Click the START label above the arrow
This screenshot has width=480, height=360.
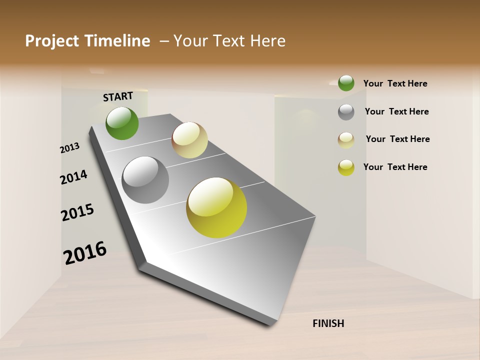pyautogui.click(x=118, y=96)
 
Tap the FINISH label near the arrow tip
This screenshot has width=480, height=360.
pyautogui.click(x=328, y=323)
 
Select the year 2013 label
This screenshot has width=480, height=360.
pyautogui.click(x=69, y=148)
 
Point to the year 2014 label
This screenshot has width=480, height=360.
pyautogui.click(x=73, y=177)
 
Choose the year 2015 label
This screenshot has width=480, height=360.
pyautogui.click(x=77, y=213)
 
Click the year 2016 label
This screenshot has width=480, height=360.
pyautogui.click(x=85, y=253)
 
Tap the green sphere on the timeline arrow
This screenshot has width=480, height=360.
pyautogui.click(x=122, y=123)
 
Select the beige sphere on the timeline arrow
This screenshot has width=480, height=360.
pyautogui.click(x=189, y=140)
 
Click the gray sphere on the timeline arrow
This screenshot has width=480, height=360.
pyautogui.click(x=145, y=180)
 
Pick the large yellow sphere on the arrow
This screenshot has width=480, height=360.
pyautogui.click(x=216, y=207)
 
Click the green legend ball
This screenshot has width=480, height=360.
pyautogui.click(x=346, y=83)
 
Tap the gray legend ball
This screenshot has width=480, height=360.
pyautogui.click(x=346, y=111)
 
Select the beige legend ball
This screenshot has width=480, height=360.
pyautogui.click(x=346, y=140)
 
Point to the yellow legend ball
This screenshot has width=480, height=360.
pyautogui.click(x=346, y=167)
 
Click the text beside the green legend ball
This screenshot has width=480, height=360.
pyautogui.click(x=395, y=83)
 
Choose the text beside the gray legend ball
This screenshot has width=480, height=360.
pyautogui.click(x=396, y=111)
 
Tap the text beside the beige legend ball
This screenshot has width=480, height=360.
pyautogui.click(x=397, y=139)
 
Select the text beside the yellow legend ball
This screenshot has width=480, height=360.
pyautogui.click(x=395, y=167)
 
